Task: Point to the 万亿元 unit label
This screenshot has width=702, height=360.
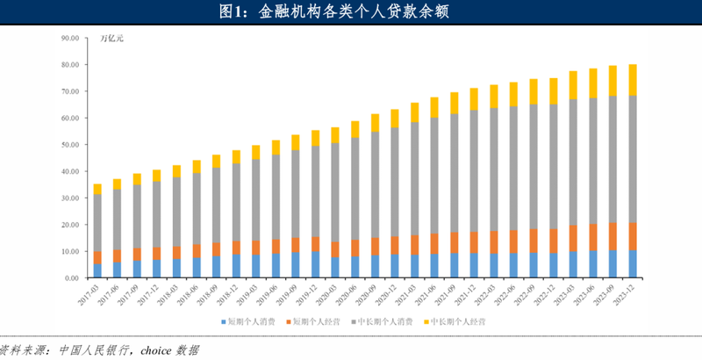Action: tap(113, 39)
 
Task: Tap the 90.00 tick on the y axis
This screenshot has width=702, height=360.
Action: tap(69, 39)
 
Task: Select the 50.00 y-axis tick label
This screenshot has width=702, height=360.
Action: tap(69, 145)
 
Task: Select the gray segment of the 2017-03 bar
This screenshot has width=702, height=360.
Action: tap(97, 223)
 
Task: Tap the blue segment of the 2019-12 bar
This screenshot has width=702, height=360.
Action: tap(290, 264)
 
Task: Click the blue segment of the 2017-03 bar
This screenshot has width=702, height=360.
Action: tap(97, 270)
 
